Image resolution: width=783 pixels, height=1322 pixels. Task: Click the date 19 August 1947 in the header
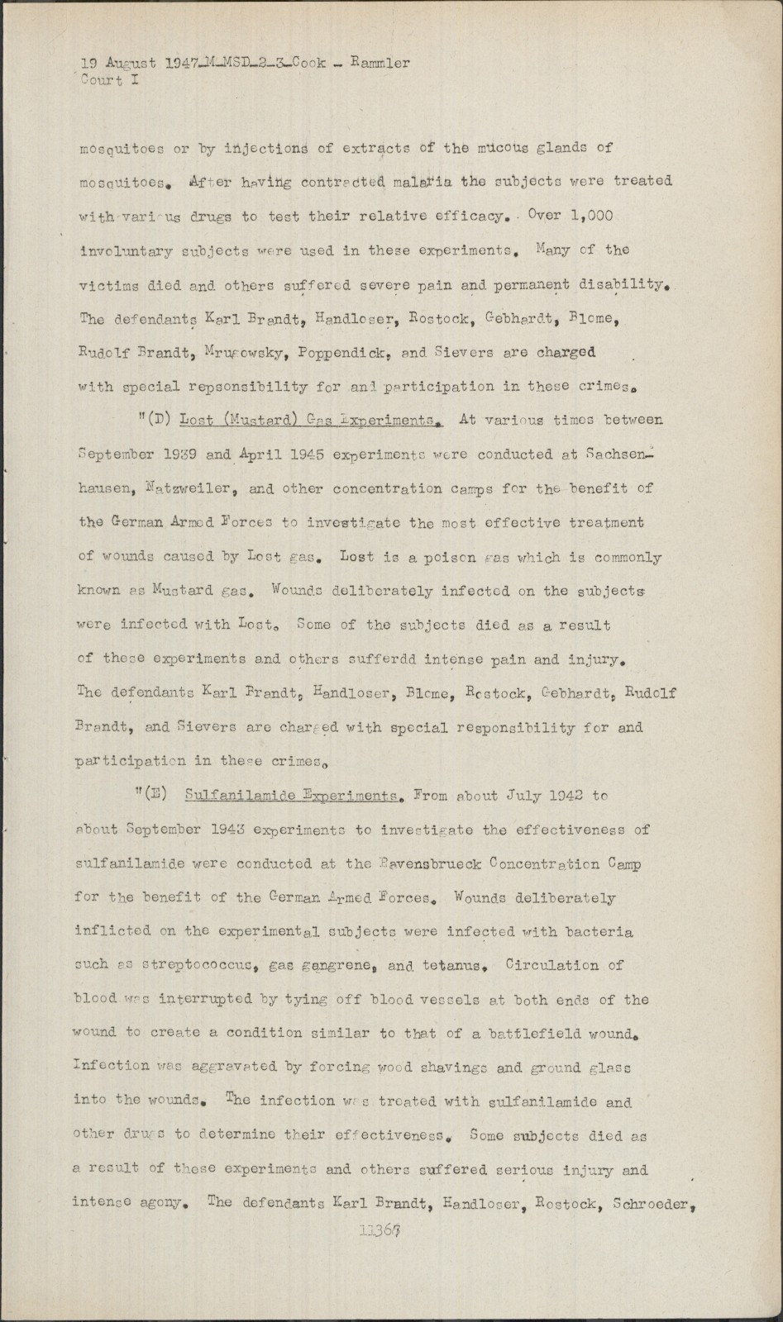click(134, 63)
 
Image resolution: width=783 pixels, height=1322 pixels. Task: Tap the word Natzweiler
click(197, 488)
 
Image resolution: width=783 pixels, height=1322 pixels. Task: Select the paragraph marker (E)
click(154, 796)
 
